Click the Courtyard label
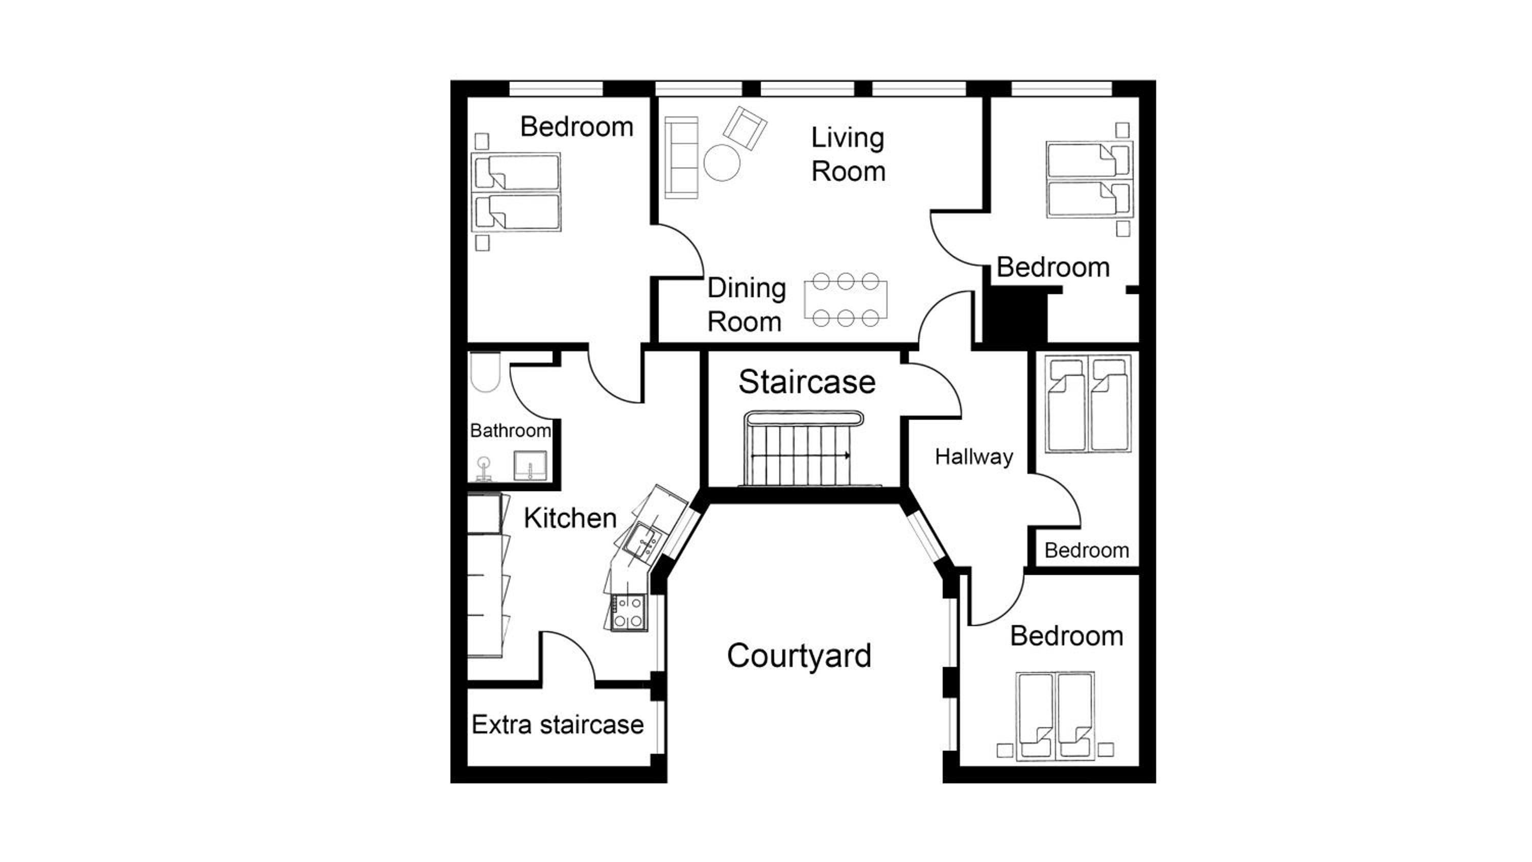[799, 656]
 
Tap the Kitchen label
[570, 518]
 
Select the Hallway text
[973, 457]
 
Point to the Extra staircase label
[557, 725]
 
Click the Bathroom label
[510, 430]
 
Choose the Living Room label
[848, 154]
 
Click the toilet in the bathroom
[485, 372]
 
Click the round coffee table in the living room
[722, 162]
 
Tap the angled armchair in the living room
[745, 128]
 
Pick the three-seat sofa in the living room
[681, 158]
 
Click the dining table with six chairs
[845, 300]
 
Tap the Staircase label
[807, 382]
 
